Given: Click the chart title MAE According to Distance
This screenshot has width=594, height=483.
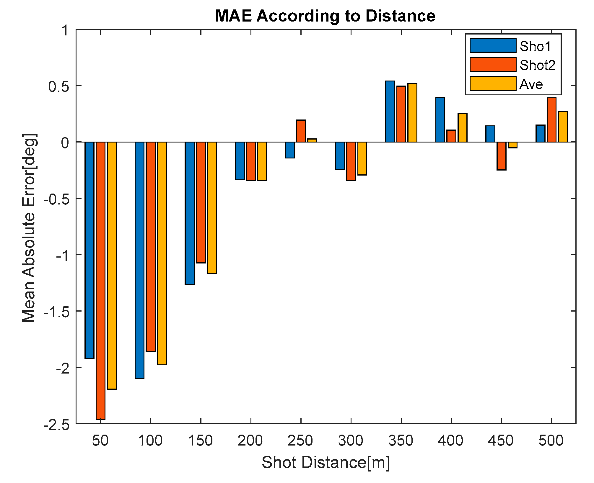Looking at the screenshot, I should [325, 16].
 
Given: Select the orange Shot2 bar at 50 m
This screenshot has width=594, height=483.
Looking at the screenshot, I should [100, 280].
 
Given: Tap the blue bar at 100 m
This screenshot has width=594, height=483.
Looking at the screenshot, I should [139, 260].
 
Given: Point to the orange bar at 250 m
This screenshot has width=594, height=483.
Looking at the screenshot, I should [301, 131].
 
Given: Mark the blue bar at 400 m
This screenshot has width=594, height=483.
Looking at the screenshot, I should [440, 119].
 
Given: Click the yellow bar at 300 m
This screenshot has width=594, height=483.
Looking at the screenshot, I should [362, 158].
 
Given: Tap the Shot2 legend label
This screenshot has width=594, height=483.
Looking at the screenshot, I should [537, 65].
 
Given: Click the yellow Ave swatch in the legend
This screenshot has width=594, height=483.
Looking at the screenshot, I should [493, 83].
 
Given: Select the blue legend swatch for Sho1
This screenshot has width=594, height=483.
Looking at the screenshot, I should [493, 46].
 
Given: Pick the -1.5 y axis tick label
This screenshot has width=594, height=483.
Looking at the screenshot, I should [56, 312].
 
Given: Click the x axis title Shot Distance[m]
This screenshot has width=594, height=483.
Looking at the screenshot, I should [326, 462].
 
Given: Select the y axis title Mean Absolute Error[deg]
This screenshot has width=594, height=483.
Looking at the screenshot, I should [29, 228].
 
